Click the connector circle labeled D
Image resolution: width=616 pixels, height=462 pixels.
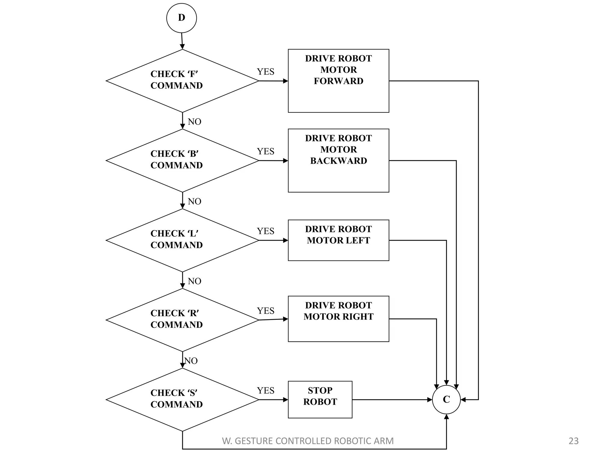pos(181,18)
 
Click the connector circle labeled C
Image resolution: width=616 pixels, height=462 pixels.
pos(446,399)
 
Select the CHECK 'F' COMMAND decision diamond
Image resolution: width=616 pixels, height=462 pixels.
pos(182,81)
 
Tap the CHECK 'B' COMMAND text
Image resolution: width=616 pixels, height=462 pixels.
pos(177,159)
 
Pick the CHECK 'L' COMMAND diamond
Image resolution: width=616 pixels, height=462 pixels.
pos(182,240)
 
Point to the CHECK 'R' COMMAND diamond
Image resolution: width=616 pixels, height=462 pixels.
pos(182,320)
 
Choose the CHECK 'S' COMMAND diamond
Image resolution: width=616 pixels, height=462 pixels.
pos(182,399)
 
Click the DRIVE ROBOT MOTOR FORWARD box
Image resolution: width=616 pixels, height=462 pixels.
pos(338,81)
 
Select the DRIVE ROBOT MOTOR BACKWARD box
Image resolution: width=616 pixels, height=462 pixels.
pos(338,160)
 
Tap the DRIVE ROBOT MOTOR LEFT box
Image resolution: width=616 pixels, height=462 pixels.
pos(338,240)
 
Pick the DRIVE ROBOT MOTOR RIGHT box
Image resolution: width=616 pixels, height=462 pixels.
pos(338,319)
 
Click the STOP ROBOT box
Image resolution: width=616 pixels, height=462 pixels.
pos(320,399)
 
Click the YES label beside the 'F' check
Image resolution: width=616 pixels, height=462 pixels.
pos(265,72)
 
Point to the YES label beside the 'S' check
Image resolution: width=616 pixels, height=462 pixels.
pos(265,390)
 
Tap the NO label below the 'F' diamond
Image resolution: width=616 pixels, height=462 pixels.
pos(194,122)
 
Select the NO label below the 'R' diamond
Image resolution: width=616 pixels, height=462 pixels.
pos(191,361)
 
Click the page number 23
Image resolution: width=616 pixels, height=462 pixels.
pos(574,441)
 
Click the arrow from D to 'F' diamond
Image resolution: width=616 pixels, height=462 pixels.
pos(182,41)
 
